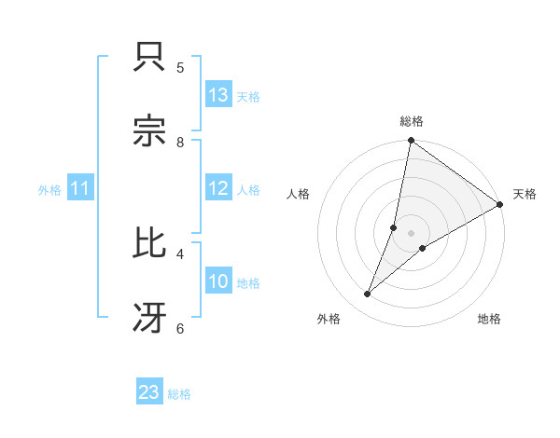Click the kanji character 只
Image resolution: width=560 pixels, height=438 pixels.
click(150, 58)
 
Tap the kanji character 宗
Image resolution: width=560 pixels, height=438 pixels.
click(150, 131)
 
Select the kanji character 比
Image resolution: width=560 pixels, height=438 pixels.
click(150, 243)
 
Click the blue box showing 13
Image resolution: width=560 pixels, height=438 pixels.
click(218, 95)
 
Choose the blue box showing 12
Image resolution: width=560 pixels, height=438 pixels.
click(218, 188)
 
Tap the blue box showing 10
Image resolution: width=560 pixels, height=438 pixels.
click(218, 281)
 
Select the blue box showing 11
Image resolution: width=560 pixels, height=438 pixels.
click(80, 188)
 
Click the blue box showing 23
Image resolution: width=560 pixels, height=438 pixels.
click(149, 392)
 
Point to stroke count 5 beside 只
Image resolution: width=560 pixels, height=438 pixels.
click(180, 67)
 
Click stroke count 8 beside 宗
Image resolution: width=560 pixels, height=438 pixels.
click(180, 142)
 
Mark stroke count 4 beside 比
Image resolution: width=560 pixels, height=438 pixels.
click(180, 253)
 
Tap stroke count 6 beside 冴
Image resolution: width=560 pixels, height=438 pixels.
click(180, 327)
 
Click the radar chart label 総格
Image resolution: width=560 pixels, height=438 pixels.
click(412, 121)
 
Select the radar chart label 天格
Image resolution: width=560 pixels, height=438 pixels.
click(525, 195)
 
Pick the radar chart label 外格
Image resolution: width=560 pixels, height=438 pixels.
click(329, 320)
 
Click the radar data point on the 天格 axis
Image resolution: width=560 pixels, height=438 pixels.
click(500, 204)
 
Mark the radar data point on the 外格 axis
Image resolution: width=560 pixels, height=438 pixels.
click(368, 294)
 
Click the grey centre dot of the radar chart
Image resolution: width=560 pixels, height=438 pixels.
click(412, 233)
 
